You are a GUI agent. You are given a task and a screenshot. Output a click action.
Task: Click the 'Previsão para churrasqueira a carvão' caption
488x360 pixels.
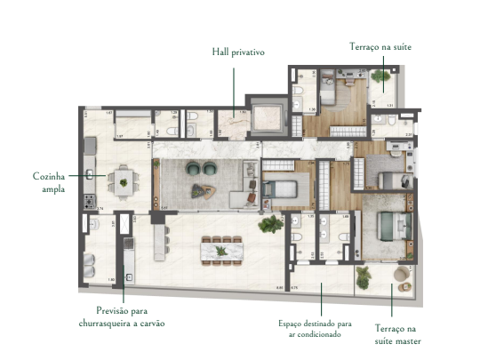(124, 318)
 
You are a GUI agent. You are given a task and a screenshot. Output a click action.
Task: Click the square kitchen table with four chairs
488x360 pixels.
(123, 183)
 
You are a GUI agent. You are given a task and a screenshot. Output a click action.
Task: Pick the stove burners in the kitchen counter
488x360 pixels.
(89, 201)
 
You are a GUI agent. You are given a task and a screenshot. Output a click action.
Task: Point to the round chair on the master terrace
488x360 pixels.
(402, 271)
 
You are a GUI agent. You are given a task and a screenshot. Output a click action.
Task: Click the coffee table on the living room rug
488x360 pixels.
(202, 189)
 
